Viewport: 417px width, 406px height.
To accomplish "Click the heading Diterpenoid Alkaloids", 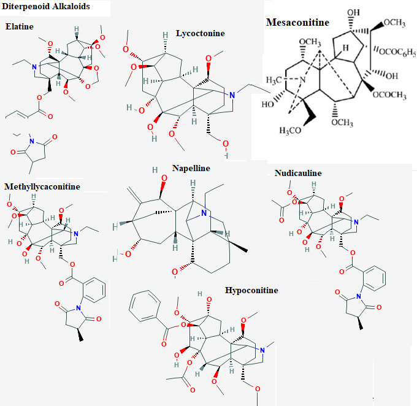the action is (46, 6).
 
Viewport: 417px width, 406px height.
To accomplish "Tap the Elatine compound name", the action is (20, 26).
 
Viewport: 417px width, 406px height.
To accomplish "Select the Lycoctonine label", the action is (201, 33).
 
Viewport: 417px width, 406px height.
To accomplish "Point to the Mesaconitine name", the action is (297, 22).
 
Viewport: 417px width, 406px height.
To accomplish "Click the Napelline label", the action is (191, 168).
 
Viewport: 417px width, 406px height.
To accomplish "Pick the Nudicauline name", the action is (298, 173).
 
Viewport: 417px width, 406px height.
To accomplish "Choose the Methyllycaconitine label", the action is (42, 186).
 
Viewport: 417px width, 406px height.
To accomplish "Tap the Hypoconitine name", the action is (251, 290).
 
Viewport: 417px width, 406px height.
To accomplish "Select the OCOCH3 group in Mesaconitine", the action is (389, 95).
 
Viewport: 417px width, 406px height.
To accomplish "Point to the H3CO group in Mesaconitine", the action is (290, 131).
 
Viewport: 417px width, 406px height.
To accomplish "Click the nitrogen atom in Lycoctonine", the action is (232, 95).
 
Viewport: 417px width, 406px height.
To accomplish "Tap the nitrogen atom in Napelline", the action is (204, 213).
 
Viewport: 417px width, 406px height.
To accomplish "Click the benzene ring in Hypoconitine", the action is (145, 306).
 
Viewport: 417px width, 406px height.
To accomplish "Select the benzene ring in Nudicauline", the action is (375, 278).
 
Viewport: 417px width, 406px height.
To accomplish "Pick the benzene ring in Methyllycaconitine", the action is (94, 290).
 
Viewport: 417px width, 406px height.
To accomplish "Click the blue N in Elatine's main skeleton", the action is (34, 67).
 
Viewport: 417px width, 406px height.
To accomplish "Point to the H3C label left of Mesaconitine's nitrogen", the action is (274, 80).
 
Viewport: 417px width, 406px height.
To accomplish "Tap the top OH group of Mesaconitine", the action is (353, 12).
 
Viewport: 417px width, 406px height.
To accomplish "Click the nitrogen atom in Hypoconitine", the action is (262, 350).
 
